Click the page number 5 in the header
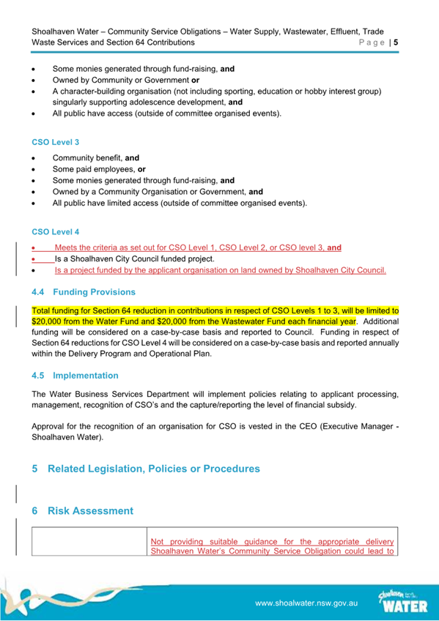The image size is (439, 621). (x=396, y=43)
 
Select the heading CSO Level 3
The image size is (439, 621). (x=55, y=141)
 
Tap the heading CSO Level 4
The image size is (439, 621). (x=55, y=232)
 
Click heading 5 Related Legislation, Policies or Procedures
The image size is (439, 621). (x=146, y=468)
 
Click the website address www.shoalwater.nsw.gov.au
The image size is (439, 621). (x=306, y=604)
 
